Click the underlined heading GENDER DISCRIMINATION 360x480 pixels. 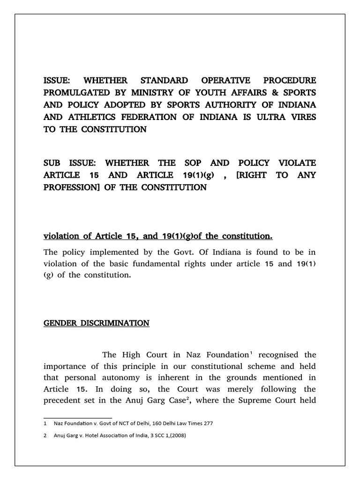point(96,323)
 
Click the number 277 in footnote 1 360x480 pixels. point(207,423)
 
